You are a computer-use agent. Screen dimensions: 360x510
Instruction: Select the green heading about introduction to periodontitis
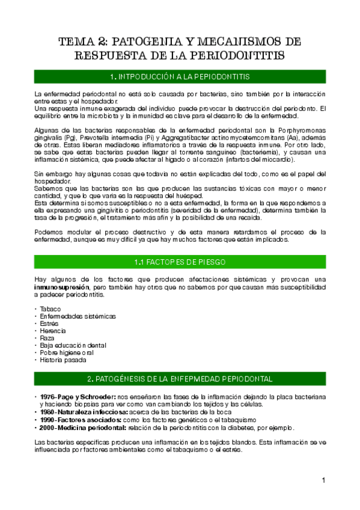pos(180,77)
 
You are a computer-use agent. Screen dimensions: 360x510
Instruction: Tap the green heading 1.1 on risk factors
pos(180,262)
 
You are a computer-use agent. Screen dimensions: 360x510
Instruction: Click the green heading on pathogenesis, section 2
pos(180,379)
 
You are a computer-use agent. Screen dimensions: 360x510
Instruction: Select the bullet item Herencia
pos(52,331)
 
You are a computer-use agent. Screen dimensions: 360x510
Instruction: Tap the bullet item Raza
pos(47,338)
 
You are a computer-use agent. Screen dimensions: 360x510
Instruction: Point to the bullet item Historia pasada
pos(63,360)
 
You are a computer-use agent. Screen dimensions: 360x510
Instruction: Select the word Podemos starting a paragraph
pos(49,232)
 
